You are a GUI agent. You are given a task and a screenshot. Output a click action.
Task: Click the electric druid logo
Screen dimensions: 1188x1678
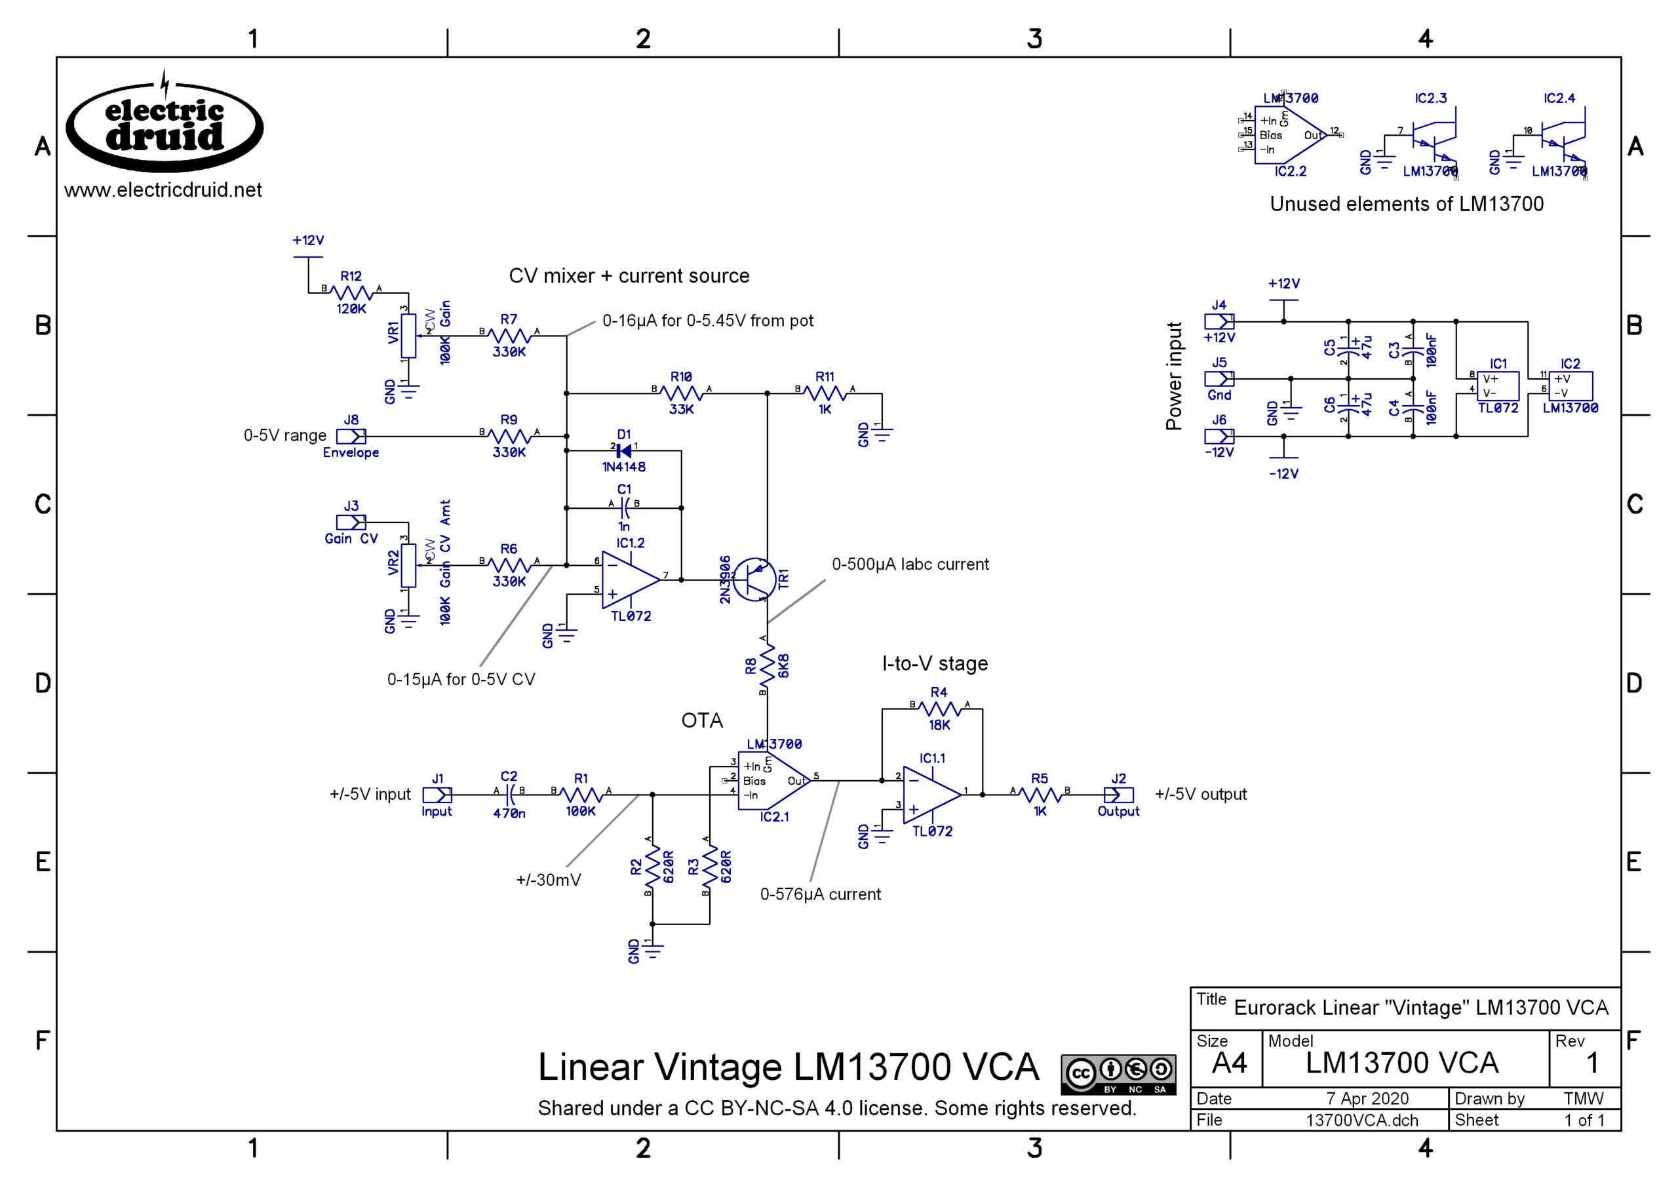click(165, 126)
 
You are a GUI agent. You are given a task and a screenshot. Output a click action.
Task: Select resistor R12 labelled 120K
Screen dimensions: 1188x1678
click(352, 292)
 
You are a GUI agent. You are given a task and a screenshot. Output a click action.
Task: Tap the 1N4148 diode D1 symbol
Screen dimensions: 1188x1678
click(623, 450)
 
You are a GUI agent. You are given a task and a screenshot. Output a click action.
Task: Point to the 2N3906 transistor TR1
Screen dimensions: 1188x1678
click(753, 580)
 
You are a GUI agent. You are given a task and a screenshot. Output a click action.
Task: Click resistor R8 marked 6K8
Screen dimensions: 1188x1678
click(767, 665)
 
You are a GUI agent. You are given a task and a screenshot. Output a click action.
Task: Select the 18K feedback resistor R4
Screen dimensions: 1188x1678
click(939, 709)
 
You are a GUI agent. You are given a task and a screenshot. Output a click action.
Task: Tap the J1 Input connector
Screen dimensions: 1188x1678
click(437, 795)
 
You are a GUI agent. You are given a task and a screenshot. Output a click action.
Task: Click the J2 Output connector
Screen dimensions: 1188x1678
click(1119, 795)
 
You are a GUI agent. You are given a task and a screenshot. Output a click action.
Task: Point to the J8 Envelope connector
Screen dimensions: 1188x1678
click(352, 437)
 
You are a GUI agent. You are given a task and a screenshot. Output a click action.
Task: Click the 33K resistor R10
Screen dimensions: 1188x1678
click(682, 393)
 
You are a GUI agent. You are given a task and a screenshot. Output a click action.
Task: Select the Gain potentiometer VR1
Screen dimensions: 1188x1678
click(408, 336)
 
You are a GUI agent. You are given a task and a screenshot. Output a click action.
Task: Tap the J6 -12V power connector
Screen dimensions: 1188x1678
click(1219, 437)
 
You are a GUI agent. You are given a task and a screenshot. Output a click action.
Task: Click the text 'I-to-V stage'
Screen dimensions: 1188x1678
click(935, 663)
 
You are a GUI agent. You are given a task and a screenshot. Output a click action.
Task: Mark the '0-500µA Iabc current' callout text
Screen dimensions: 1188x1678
click(910, 564)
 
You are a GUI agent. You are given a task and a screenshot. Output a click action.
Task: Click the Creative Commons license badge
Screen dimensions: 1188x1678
click(1118, 1074)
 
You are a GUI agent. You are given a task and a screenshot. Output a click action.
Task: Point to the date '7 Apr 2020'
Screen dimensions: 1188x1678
click(1367, 1099)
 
